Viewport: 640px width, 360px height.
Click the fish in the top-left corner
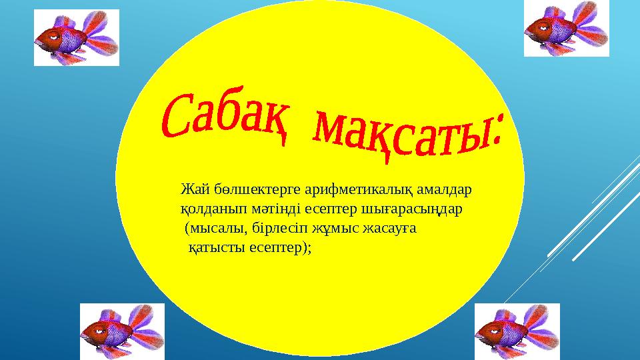(76, 38)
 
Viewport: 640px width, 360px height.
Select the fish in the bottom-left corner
(122, 331)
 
